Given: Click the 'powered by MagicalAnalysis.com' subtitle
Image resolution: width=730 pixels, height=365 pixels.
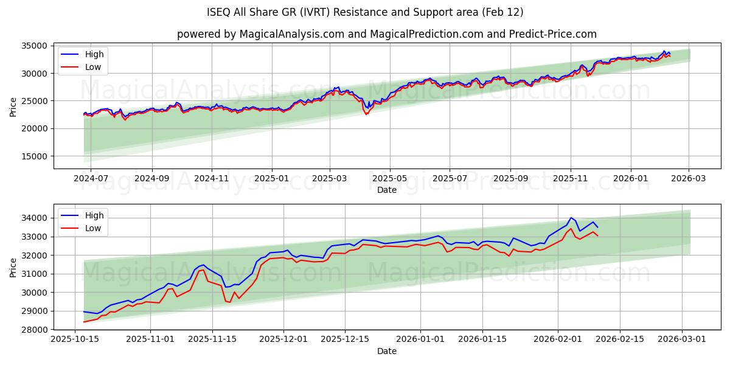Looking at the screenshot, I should point(386,34).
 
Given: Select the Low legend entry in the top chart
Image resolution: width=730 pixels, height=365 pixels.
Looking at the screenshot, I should point(93,67).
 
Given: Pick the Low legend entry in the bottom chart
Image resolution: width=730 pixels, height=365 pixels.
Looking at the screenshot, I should point(93,228).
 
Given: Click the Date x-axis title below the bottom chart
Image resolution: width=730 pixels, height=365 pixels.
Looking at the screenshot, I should point(386,351).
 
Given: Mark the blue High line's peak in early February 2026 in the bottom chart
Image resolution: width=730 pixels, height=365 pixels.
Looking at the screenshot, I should point(571,217).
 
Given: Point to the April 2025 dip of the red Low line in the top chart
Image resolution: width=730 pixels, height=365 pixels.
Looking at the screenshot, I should point(366,114).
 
